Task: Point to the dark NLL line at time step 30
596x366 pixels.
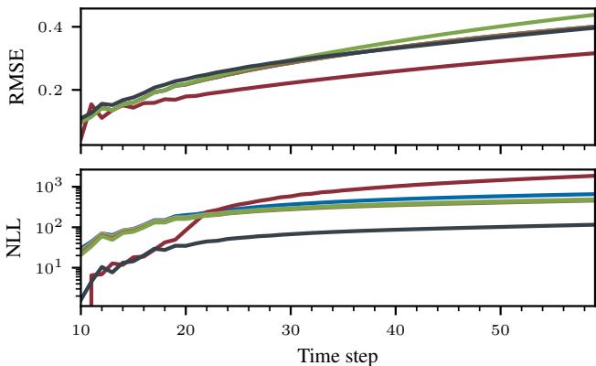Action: click(291, 234)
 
